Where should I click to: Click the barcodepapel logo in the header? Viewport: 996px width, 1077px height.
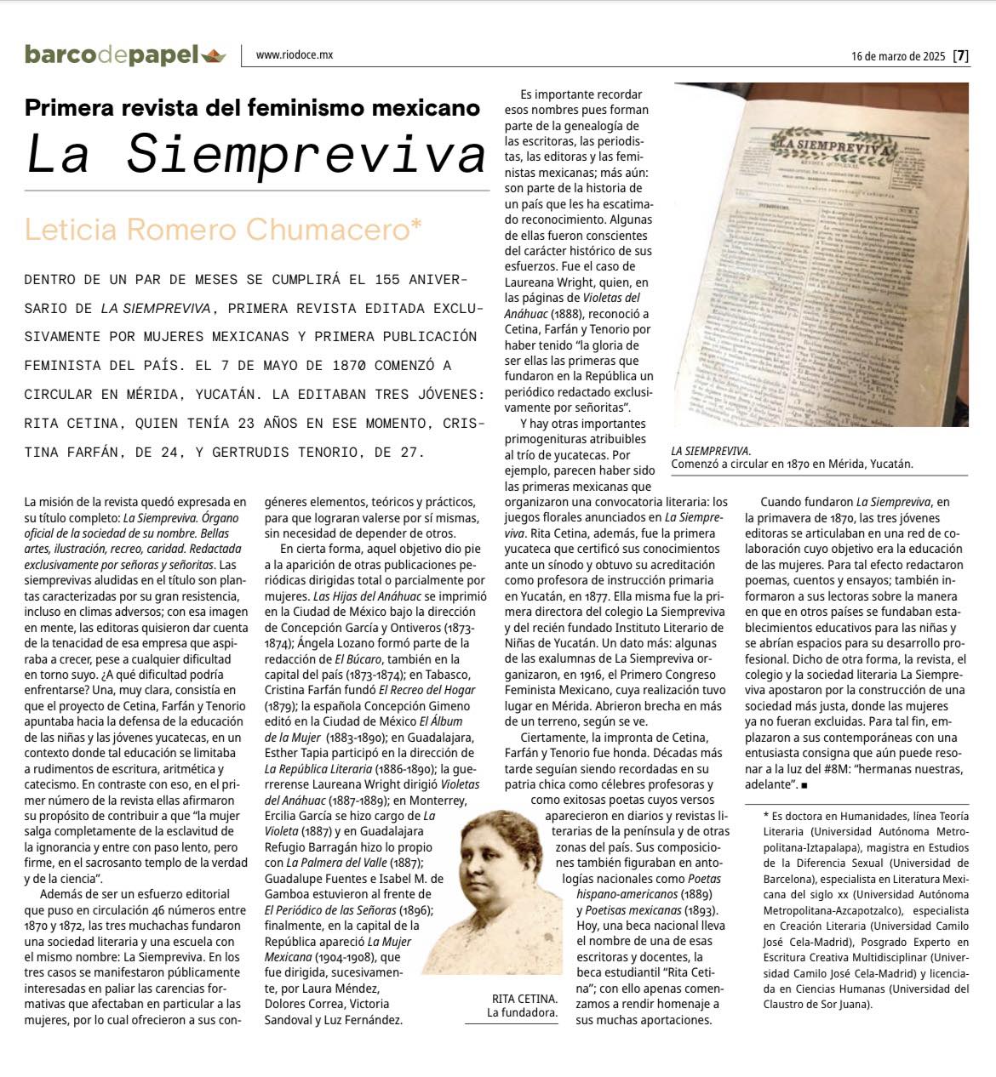tap(112, 55)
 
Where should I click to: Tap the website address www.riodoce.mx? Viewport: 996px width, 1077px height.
tap(294, 55)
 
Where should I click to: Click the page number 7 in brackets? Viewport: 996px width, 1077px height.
tap(960, 57)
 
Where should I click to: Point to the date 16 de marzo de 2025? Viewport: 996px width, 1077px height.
tap(897, 57)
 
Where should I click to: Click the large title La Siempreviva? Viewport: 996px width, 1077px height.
tap(255, 153)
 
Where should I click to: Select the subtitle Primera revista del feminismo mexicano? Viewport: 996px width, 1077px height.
tap(252, 108)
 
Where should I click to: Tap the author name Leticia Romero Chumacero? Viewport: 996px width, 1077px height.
tap(223, 230)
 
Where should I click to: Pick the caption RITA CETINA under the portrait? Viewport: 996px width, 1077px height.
tap(524, 999)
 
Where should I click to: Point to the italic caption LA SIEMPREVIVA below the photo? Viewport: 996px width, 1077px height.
tap(711, 451)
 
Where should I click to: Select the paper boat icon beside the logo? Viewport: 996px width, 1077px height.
tap(215, 56)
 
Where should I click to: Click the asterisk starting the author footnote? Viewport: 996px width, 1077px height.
tap(766, 816)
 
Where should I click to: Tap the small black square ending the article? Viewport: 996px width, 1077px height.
tap(804, 785)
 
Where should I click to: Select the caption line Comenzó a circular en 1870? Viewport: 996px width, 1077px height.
tap(792, 464)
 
